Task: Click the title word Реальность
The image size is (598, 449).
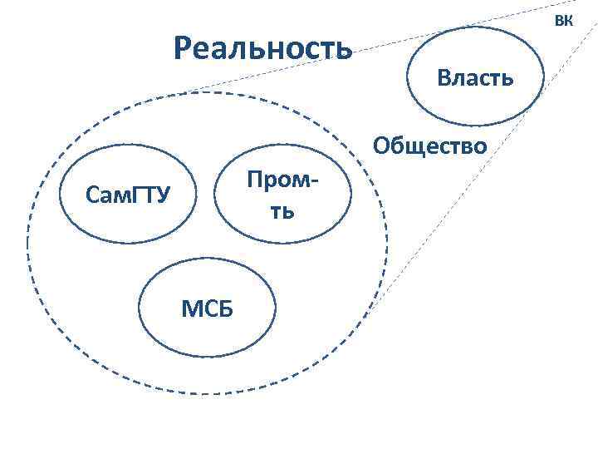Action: (x=263, y=48)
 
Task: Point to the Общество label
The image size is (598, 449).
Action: (x=429, y=146)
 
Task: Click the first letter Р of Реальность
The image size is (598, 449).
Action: (x=184, y=48)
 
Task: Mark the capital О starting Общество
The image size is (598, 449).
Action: (x=382, y=146)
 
